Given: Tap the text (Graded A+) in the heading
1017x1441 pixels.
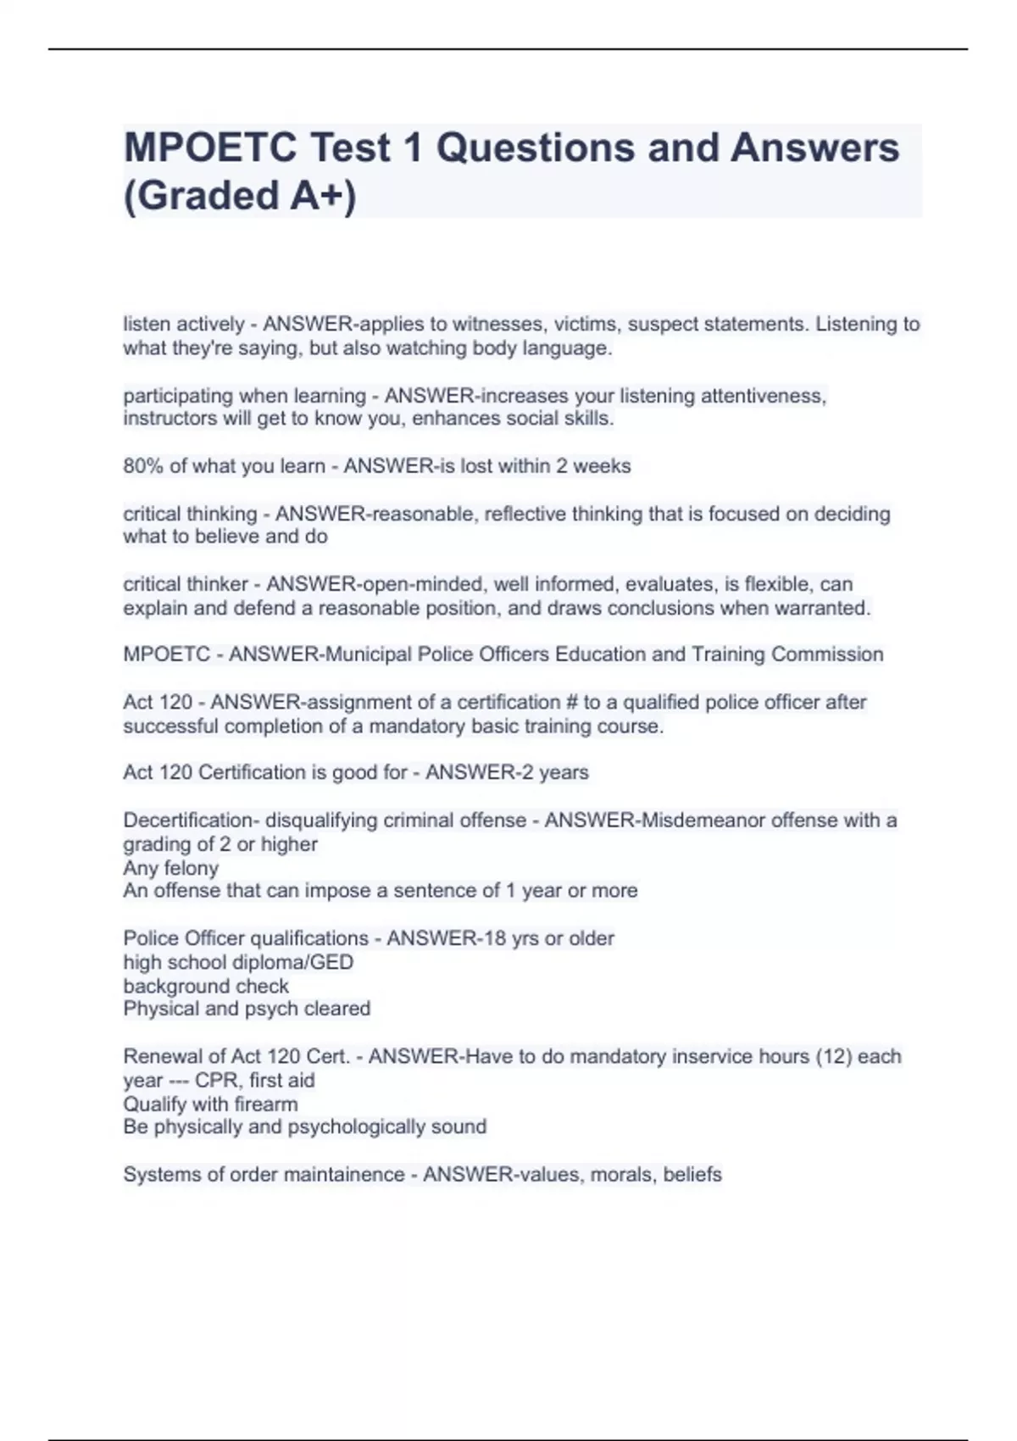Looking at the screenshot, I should click(x=240, y=196).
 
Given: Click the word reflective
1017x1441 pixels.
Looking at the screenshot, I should click(x=525, y=515).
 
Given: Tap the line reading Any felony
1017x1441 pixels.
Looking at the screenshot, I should click(x=170, y=868).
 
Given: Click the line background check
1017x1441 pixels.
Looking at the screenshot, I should click(x=206, y=987).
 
